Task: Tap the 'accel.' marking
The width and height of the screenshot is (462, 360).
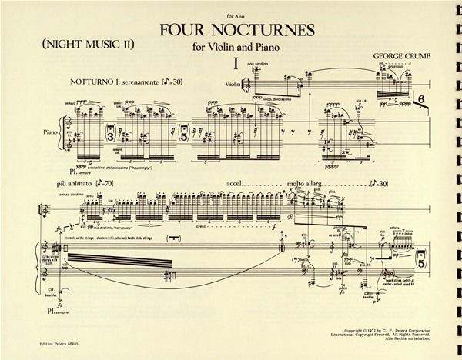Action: (x=240, y=185)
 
